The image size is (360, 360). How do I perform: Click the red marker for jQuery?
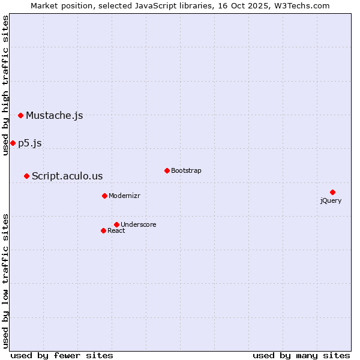332,192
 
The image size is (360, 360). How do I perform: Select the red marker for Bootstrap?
167,170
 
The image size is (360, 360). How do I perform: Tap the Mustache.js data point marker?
20,115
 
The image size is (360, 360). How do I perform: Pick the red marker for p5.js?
13,143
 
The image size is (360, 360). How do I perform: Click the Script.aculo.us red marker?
26,176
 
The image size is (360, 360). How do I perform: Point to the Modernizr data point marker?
104,196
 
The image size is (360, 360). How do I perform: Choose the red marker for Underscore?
116,224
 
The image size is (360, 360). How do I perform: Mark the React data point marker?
103,230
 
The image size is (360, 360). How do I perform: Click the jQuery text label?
331,200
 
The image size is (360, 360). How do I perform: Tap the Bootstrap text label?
186,170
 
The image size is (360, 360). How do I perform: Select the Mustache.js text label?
54,115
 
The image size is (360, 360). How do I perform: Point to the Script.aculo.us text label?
67,176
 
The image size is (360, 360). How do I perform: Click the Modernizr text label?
124,196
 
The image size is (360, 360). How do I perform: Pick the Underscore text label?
138,224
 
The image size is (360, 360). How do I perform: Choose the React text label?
116,230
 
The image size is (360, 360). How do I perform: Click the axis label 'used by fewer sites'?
62,355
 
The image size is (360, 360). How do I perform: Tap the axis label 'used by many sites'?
301,355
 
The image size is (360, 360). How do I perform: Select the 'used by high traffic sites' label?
5,85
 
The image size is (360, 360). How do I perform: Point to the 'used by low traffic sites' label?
5,280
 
